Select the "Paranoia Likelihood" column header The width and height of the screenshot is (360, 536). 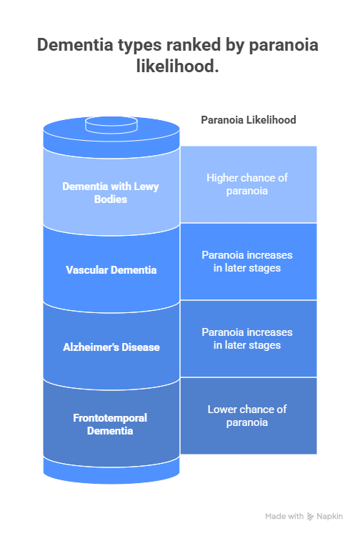click(x=248, y=120)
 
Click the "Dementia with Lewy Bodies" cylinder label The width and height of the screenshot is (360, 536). click(x=111, y=192)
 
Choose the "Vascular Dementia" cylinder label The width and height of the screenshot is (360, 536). click(x=111, y=270)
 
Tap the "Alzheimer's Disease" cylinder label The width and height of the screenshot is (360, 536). click(x=111, y=347)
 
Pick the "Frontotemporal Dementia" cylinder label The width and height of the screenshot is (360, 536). click(x=111, y=424)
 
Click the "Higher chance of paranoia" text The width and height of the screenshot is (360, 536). click(x=247, y=184)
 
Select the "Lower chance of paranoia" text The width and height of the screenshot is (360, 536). click(x=247, y=415)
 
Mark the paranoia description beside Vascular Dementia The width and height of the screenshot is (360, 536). click(x=247, y=261)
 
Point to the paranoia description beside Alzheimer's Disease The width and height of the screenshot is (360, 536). click(x=247, y=338)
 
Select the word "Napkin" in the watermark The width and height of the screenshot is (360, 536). click(x=329, y=516)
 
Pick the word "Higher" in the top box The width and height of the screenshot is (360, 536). click(x=223, y=177)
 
